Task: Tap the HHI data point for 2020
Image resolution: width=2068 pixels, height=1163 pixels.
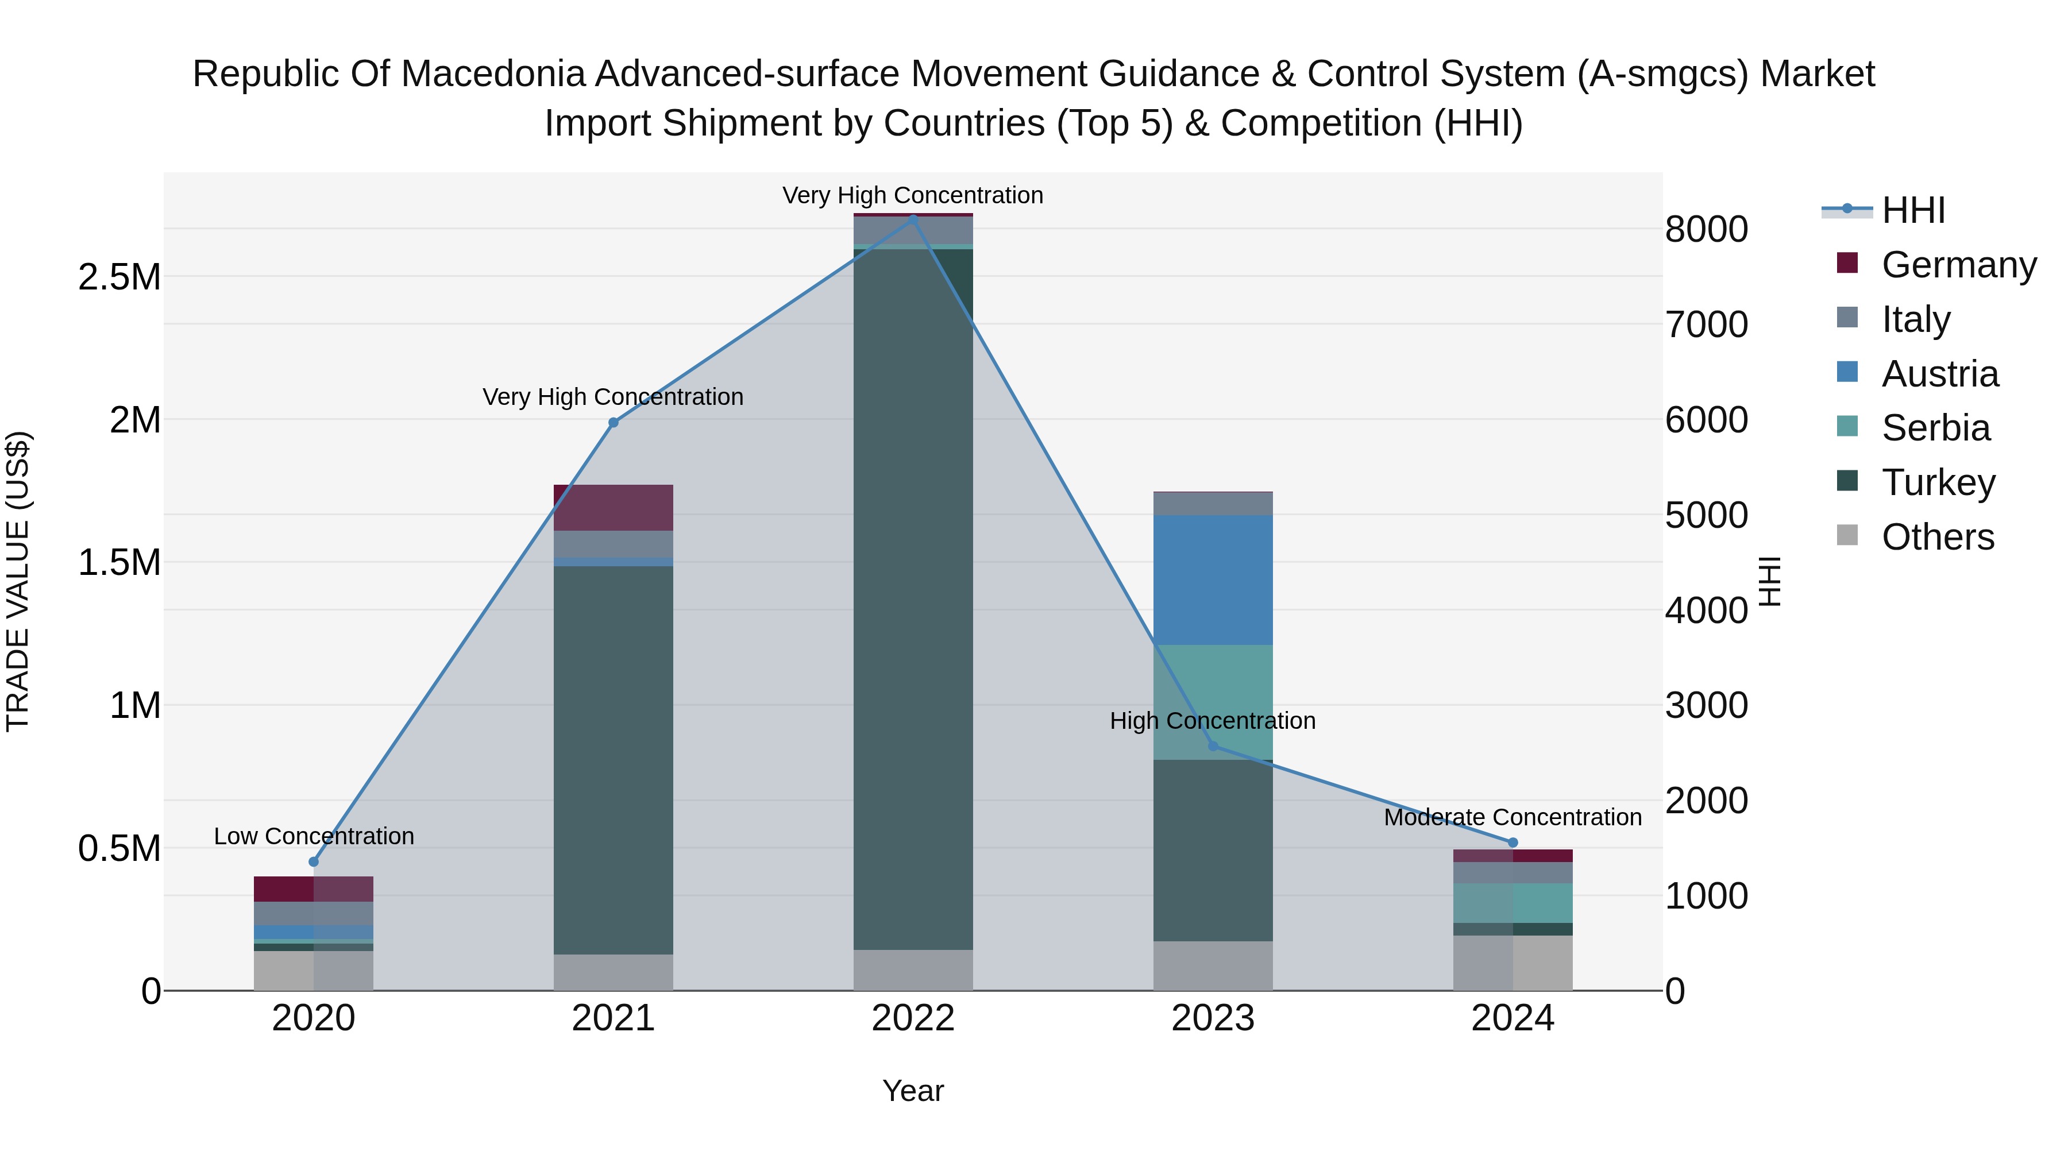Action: [x=314, y=862]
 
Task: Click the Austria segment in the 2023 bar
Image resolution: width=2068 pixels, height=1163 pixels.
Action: [x=1213, y=579]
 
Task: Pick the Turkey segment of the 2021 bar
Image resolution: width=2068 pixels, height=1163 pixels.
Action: [x=614, y=759]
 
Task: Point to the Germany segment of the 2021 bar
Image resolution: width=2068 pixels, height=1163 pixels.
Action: [x=614, y=507]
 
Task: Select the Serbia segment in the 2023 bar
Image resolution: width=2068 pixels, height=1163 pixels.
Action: [x=1213, y=702]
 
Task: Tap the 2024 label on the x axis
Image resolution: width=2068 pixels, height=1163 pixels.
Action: [x=1513, y=1018]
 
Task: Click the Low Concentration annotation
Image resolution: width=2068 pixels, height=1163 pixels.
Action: [x=314, y=836]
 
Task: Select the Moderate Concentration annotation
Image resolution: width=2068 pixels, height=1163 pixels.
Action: [x=1513, y=817]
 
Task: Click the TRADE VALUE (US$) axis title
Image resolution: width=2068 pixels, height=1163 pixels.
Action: [x=18, y=581]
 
